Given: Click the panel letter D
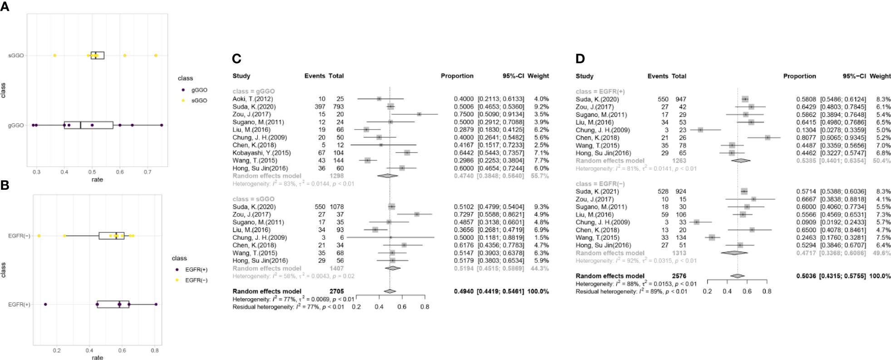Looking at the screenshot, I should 580,59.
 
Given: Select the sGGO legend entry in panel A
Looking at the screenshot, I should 199,100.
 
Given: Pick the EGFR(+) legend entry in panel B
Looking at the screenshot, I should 196,270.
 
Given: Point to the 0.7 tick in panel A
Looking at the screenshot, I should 148,172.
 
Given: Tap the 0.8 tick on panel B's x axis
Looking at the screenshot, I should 155,350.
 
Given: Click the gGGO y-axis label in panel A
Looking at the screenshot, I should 16,125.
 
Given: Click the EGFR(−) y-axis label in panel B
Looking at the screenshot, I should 19,236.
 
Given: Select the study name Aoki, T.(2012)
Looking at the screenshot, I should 253,99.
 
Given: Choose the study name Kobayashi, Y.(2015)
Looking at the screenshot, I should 261,153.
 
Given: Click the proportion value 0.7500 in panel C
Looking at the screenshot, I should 463,114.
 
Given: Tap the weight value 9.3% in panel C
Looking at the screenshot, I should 541,207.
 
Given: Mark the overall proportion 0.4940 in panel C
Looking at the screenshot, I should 463,291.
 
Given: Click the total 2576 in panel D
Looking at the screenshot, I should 679,276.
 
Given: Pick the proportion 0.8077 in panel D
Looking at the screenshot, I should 806,138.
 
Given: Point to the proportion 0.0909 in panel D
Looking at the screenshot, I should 806,222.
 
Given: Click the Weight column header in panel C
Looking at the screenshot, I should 538,76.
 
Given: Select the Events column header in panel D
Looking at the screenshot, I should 658,76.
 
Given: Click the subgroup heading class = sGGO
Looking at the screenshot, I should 253,199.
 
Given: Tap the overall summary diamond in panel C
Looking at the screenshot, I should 389,291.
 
